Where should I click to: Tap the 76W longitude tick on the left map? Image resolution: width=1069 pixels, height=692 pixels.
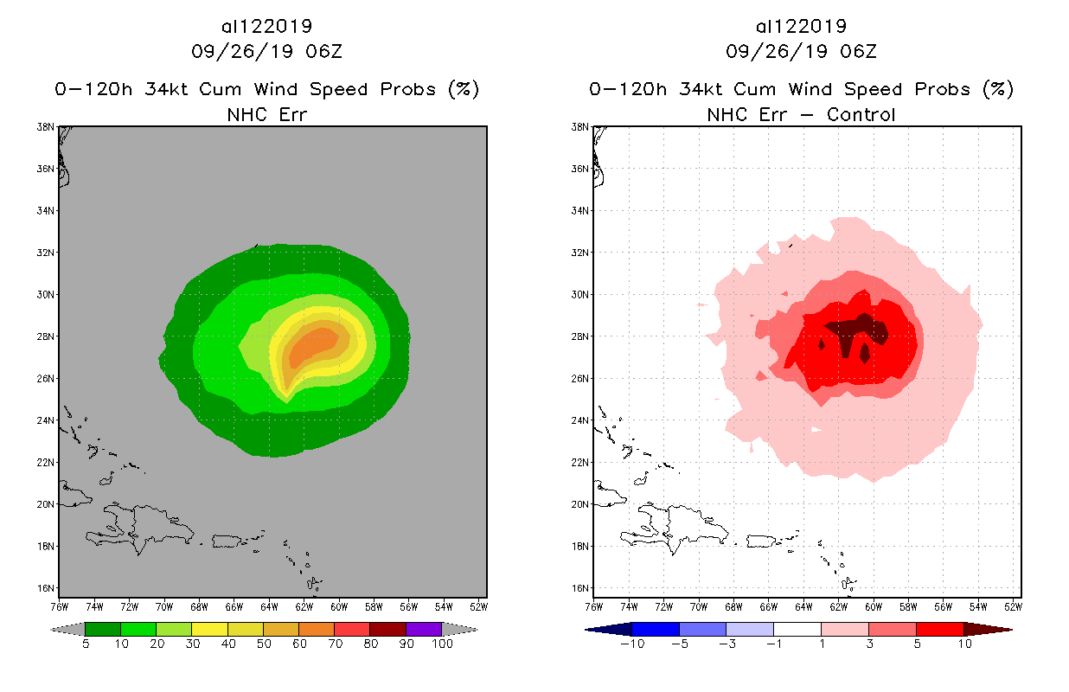click(59, 605)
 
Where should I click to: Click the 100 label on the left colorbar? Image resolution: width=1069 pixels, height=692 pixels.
click(442, 644)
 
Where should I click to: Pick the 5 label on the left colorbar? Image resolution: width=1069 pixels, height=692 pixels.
click(86, 644)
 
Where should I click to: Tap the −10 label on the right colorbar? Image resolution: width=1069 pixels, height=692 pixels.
click(632, 644)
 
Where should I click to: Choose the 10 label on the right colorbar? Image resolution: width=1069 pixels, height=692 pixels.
click(963, 644)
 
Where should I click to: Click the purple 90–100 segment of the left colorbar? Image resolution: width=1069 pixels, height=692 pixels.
click(424, 629)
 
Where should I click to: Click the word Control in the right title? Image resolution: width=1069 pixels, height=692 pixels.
click(861, 114)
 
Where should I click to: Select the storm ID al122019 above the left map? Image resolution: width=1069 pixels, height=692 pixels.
click(266, 26)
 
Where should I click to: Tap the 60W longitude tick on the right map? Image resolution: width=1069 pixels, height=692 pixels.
click(874, 605)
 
